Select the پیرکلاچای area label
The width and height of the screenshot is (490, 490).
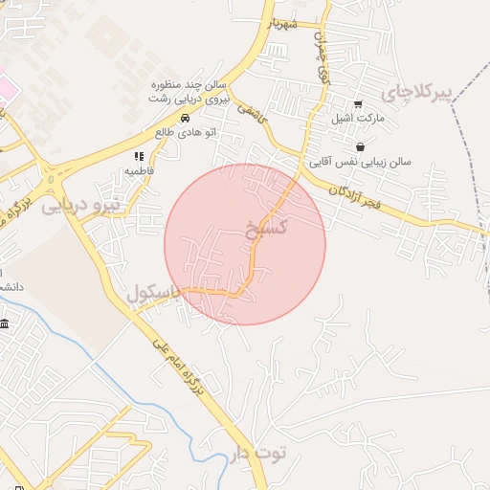click(x=416, y=92)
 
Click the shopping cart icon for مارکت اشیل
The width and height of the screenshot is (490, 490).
click(x=358, y=103)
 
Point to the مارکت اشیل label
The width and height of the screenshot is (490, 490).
click(x=357, y=119)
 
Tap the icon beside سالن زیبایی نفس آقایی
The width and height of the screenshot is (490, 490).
click(x=360, y=146)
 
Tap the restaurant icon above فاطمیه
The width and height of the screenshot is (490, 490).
click(x=139, y=156)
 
